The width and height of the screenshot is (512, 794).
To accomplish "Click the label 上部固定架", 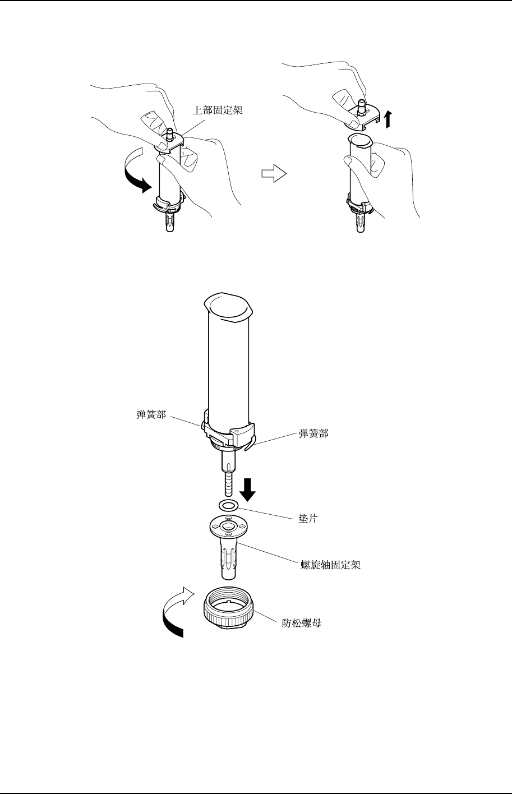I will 218,110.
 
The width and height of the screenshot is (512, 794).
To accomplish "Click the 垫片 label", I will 307,519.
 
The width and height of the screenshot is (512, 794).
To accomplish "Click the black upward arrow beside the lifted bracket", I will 389,119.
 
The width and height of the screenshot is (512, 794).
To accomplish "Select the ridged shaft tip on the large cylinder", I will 229,482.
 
